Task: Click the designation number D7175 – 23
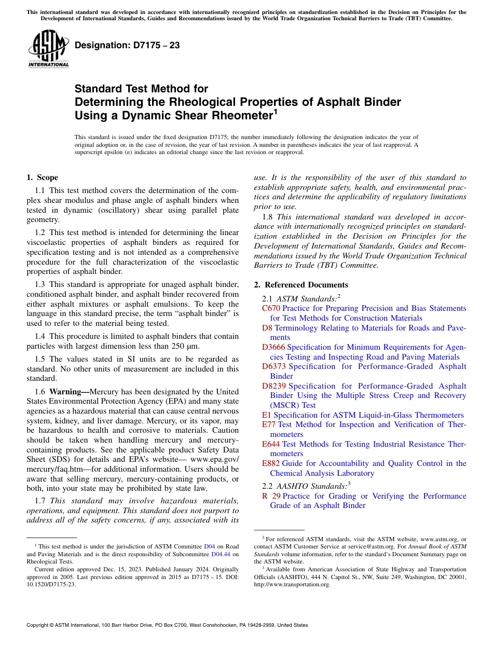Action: (x=127, y=45)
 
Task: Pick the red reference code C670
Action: (x=271, y=308)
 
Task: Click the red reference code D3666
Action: (x=273, y=347)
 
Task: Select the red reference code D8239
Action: (x=273, y=386)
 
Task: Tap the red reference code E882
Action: (x=271, y=463)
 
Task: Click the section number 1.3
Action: (x=40, y=284)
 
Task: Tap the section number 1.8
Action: (x=267, y=216)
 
